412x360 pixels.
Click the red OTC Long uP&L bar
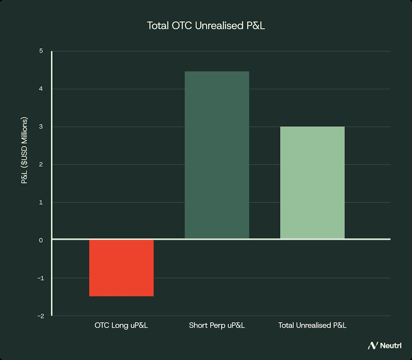click(121, 268)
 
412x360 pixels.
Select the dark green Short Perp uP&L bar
click(217, 155)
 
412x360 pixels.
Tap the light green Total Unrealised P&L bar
click(312, 183)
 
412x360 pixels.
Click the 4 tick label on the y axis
click(41, 89)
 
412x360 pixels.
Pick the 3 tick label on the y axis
click(41, 127)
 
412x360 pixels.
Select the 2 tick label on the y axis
click(41, 165)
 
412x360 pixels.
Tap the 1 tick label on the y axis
click(41, 202)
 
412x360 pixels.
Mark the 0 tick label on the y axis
click(41, 240)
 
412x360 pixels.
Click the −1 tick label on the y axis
click(40, 278)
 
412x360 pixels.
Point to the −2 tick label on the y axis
click(40, 316)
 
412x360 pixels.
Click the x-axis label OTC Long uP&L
click(121, 325)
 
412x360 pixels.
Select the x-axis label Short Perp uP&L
click(217, 325)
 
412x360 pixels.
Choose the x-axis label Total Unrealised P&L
click(312, 325)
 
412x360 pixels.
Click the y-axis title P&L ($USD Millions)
click(25, 151)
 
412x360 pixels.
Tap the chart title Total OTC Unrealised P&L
click(206, 26)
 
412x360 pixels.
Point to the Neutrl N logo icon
click(373, 346)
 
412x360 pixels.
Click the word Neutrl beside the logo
click(389, 346)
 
